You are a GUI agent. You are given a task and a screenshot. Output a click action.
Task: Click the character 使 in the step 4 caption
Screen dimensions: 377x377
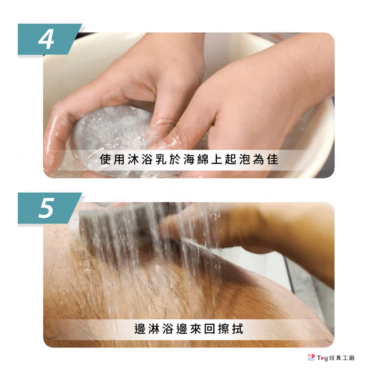[x=105, y=159]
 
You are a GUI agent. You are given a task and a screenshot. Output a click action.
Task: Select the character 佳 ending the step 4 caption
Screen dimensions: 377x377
[x=273, y=159]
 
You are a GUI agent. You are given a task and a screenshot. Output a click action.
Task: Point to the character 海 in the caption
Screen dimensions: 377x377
[x=189, y=159]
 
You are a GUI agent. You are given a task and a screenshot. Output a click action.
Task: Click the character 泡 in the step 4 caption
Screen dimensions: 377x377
[x=245, y=159]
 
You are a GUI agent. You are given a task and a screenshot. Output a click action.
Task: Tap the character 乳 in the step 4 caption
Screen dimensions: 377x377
[x=161, y=159]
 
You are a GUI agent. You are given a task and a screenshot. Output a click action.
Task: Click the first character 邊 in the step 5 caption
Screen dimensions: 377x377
[x=140, y=329]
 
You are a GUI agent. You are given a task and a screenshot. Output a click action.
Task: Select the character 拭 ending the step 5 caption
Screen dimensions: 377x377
[x=237, y=329]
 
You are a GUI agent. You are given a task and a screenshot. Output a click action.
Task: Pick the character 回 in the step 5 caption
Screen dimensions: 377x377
[x=209, y=329]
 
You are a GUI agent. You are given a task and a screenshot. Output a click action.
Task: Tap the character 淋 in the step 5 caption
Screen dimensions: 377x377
[x=154, y=329]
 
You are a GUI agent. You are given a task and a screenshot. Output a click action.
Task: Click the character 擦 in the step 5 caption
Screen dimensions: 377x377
[x=223, y=329]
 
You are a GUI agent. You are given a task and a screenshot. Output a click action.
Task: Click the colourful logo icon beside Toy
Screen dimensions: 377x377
[x=311, y=357]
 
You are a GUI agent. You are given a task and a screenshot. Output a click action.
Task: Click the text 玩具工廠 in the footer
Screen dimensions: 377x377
[x=342, y=358]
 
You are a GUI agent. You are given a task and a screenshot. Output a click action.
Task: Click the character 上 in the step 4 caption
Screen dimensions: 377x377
[x=217, y=159]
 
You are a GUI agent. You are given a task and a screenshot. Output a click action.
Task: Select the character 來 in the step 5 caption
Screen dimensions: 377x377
[x=196, y=329]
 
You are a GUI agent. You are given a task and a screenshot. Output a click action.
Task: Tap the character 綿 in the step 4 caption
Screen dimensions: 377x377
[x=203, y=159]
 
